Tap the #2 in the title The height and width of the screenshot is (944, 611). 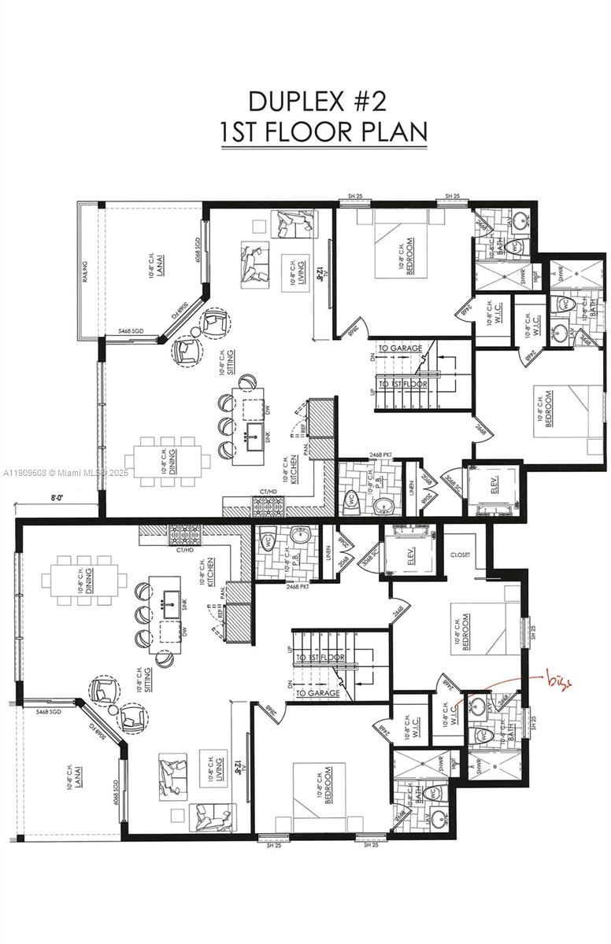pyautogui.click(x=369, y=101)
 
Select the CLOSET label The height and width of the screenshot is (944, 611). pyautogui.click(x=460, y=555)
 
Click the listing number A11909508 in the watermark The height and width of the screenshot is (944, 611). pyautogui.click(x=24, y=473)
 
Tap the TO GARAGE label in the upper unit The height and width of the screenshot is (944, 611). pyautogui.click(x=400, y=348)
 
